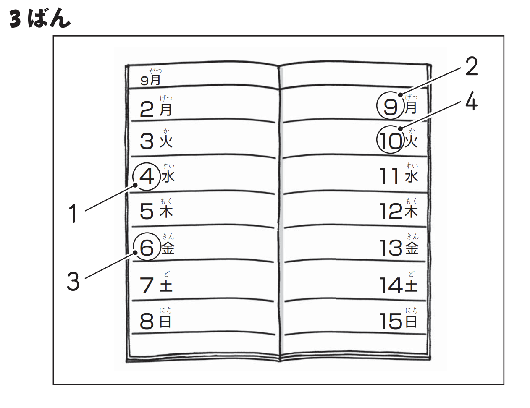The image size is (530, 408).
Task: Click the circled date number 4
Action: click(147, 177)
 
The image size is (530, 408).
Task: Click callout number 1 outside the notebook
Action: click(73, 213)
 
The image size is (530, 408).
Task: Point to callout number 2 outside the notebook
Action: click(471, 67)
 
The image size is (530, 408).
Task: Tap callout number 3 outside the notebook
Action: click(73, 281)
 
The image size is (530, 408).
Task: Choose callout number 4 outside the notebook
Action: click(471, 102)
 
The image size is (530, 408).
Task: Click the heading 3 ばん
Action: click(40, 19)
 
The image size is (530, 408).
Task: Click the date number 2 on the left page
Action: click(147, 110)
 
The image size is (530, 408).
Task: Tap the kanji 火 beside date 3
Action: click(166, 141)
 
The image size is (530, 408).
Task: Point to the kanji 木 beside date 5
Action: click(166, 211)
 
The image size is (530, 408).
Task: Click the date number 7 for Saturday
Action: click(147, 286)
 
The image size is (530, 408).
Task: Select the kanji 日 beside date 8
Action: click(165, 322)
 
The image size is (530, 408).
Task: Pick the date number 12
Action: click(391, 212)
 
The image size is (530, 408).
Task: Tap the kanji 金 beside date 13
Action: click(412, 248)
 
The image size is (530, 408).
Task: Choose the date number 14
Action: click(391, 286)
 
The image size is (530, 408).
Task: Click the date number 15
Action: click(391, 322)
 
